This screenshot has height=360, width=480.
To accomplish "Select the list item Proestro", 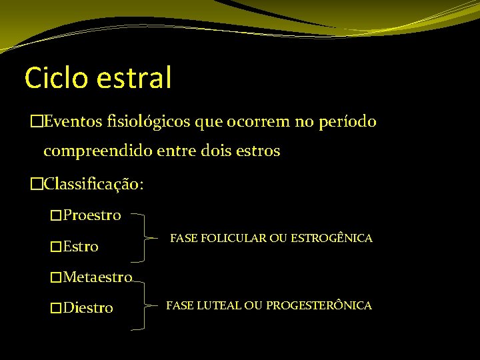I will point(92,215).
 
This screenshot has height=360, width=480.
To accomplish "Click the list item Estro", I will point(81,247).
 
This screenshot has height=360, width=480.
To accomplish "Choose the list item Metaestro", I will point(97,277).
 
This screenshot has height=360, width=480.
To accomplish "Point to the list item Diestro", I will point(88,308).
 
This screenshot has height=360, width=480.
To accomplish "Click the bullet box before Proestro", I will point(56,215).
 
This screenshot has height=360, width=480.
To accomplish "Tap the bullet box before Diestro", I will point(56,308).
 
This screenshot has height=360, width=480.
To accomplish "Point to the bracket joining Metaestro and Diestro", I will point(148,305).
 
